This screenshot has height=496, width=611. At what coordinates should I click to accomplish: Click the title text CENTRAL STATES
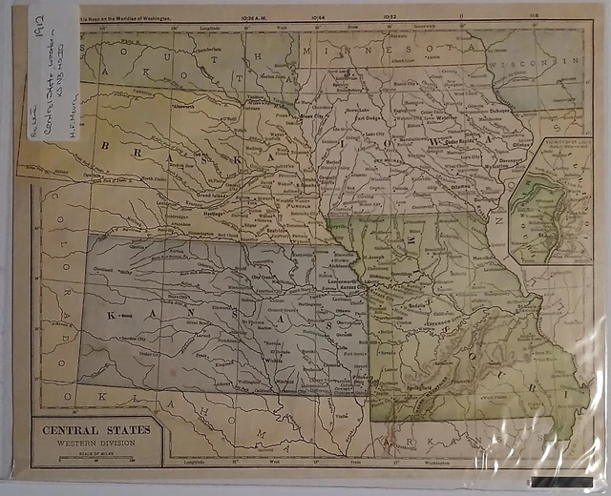(x=95, y=429)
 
